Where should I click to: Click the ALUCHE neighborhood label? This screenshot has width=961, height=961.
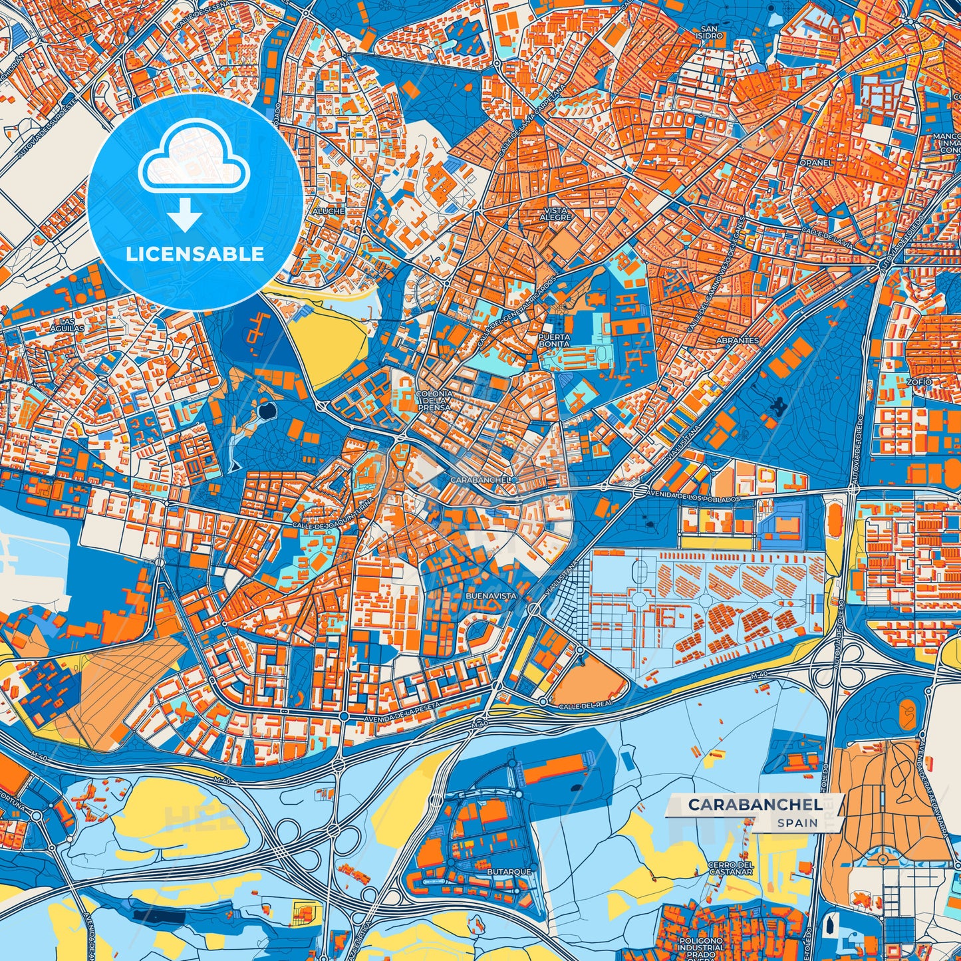[x=329, y=211]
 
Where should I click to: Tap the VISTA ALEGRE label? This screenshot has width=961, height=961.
[x=555, y=213]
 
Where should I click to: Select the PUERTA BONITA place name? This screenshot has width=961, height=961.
[x=554, y=341]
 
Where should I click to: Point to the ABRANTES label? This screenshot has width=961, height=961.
[x=738, y=340]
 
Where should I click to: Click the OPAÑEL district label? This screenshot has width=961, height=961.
[x=816, y=162]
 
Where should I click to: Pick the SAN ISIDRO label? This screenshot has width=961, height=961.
[x=709, y=32]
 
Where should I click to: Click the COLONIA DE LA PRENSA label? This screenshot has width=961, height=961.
[x=434, y=400]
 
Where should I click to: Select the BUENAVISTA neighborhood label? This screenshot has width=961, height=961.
[x=491, y=596]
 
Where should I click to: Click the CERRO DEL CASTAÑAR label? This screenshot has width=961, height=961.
[x=730, y=868]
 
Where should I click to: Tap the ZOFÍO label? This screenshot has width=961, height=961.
[x=919, y=382]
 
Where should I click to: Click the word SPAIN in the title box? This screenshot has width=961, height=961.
[x=798, y=823]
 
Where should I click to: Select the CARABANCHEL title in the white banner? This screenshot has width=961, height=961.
[x=754, y=805]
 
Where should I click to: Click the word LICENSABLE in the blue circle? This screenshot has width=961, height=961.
[x=195, y=253]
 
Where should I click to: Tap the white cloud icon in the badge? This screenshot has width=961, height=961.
[x=194, y=156]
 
